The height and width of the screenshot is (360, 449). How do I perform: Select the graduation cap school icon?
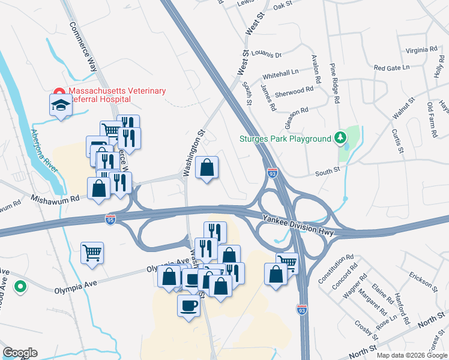click(x=60, y=106)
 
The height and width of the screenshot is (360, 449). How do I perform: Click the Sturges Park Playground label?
click(x=286, y=139)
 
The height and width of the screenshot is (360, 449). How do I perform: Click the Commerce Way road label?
click(x=83, y=47)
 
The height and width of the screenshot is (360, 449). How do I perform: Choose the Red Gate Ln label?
click(x=391, y=68)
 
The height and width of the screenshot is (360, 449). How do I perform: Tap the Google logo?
click(x=20, y=353)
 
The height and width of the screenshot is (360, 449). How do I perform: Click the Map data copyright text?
click(x=411, y=355)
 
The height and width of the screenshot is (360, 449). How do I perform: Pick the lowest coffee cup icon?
click(x=188, y=307)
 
